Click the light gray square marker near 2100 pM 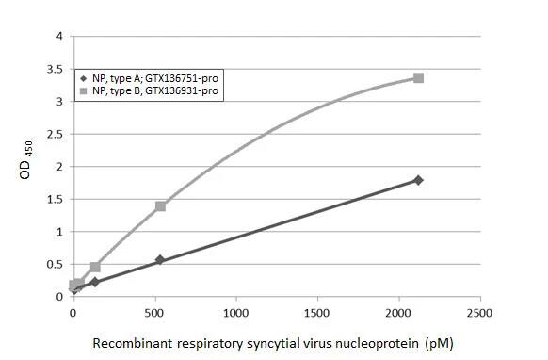[x=418, y=78]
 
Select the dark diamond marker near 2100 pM [x=418, y=180]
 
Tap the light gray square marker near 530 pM [x=160, y=205]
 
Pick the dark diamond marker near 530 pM [x=160, y=260]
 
